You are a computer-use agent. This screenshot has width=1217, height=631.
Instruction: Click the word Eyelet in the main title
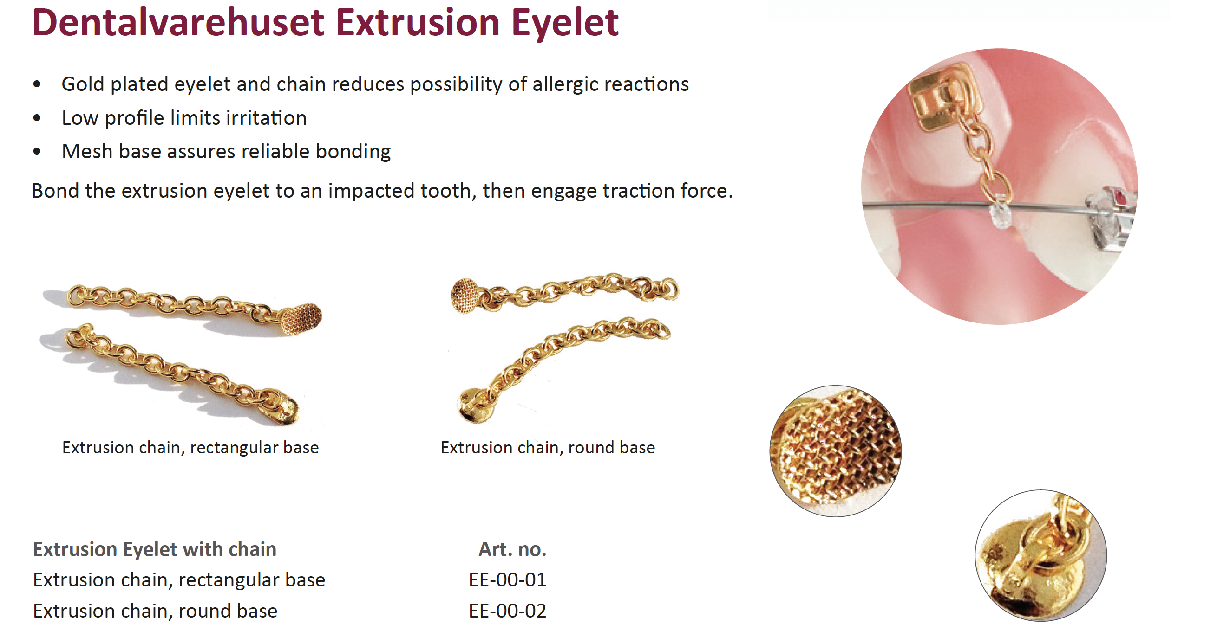tap(565, 23)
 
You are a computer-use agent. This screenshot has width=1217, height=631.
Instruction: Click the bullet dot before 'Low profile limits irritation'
tap(37, 118)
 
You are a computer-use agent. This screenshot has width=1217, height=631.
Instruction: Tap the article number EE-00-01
tap(507, 580)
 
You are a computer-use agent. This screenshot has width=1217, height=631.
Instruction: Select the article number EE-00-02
tap(507, 611)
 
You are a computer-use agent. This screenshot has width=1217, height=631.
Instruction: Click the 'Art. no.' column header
tap(513, 549)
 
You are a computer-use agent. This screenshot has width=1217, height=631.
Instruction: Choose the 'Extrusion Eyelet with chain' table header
tap(155, 549)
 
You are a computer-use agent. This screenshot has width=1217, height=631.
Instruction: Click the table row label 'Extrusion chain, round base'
tap(155, 611)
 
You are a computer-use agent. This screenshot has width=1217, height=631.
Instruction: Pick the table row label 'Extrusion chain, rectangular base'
tap(179, 580)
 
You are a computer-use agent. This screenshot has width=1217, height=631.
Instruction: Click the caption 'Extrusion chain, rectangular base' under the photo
tap(190, 448)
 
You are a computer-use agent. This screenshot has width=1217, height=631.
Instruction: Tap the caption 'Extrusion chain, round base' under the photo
tap(548, 448)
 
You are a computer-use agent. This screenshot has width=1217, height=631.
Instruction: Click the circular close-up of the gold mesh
tap(836, 451)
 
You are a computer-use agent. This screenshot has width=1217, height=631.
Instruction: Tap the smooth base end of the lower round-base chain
tap(476, 406)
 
